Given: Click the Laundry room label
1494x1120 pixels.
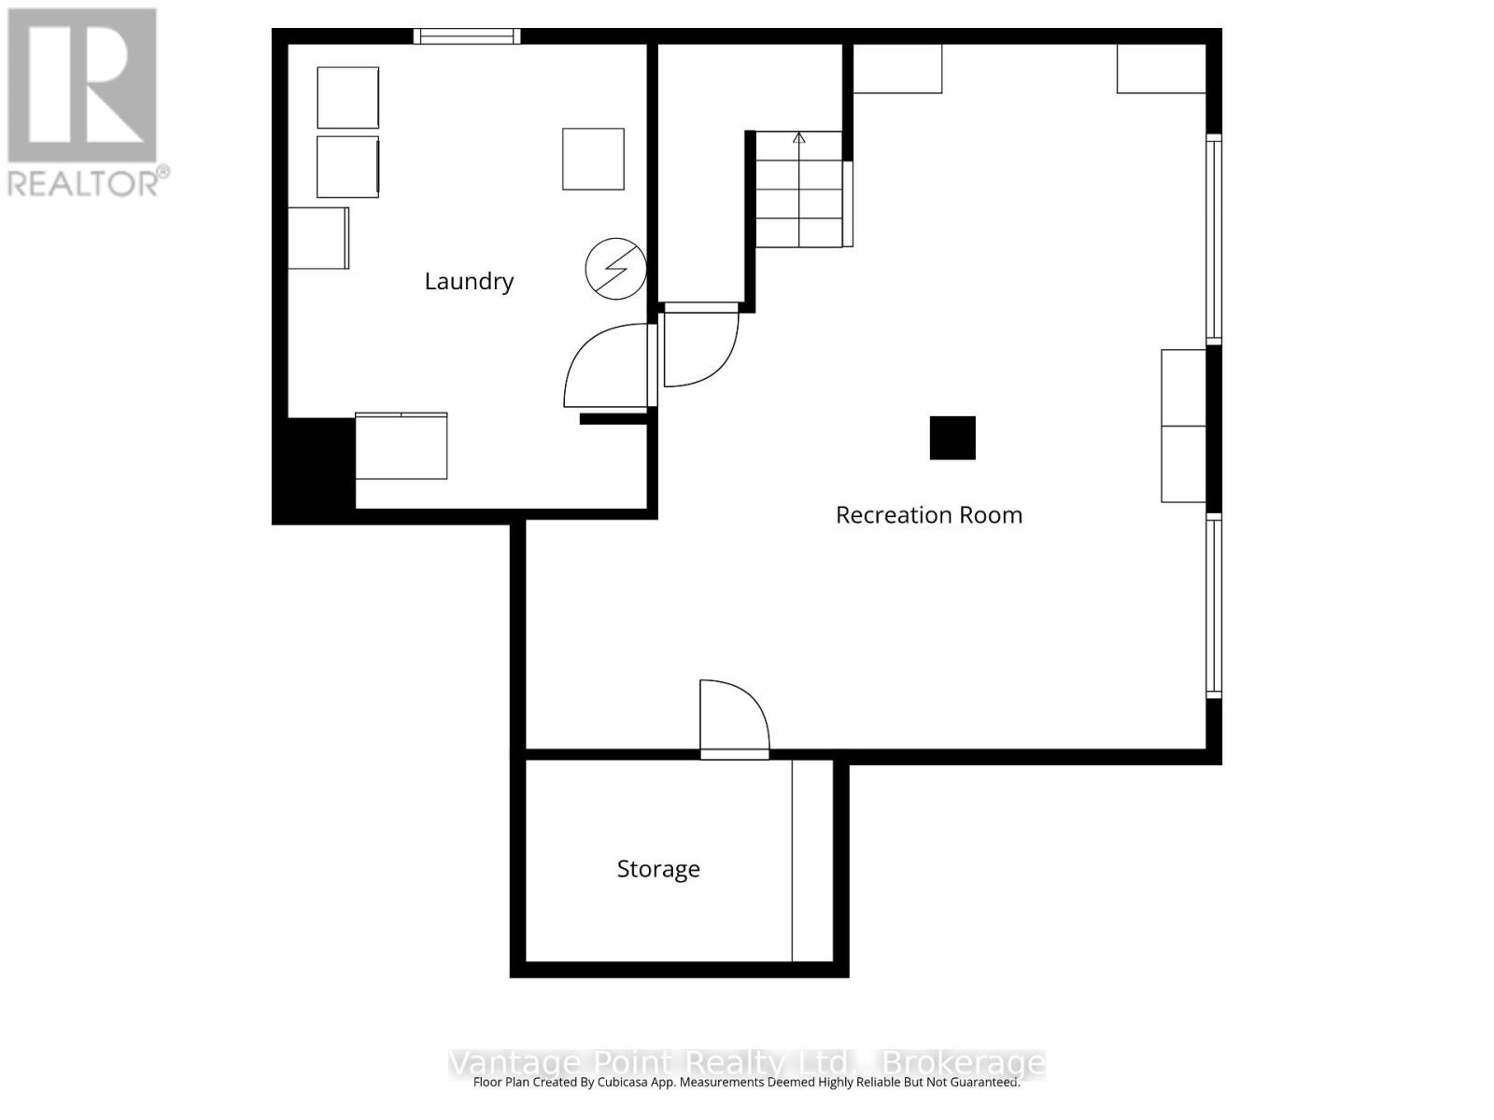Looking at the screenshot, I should click(x=469, y=281).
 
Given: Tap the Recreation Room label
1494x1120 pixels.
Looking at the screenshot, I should click(x=928, y=515).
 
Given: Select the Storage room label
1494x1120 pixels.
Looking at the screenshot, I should click(x=658, y=869).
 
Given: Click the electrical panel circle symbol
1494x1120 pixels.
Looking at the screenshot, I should click(x=615, y=269).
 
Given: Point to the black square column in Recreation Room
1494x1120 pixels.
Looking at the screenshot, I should click(x=952, y=438).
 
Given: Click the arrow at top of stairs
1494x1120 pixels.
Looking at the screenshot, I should click(x=799, y=139).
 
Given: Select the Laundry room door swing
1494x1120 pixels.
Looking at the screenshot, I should click(x=605, y=366).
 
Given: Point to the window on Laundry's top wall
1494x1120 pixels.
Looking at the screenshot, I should click(x=467, y=36).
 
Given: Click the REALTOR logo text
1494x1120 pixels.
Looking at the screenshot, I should click(x=89, y=182).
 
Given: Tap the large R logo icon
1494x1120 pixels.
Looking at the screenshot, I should click(x=82, y=85).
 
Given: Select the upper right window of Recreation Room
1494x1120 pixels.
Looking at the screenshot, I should click(x=1214, y=238).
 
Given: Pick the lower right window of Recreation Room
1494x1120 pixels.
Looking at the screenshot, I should click(x=1214, y=607).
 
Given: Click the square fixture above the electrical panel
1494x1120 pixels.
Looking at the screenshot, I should click(x=593, y=160).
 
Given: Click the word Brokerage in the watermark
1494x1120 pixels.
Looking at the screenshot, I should click(x=963, y=1063).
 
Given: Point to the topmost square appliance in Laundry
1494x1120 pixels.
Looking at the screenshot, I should click(x=347, y=97).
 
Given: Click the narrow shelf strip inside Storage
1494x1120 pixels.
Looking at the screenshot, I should click(x=812, y=860).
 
